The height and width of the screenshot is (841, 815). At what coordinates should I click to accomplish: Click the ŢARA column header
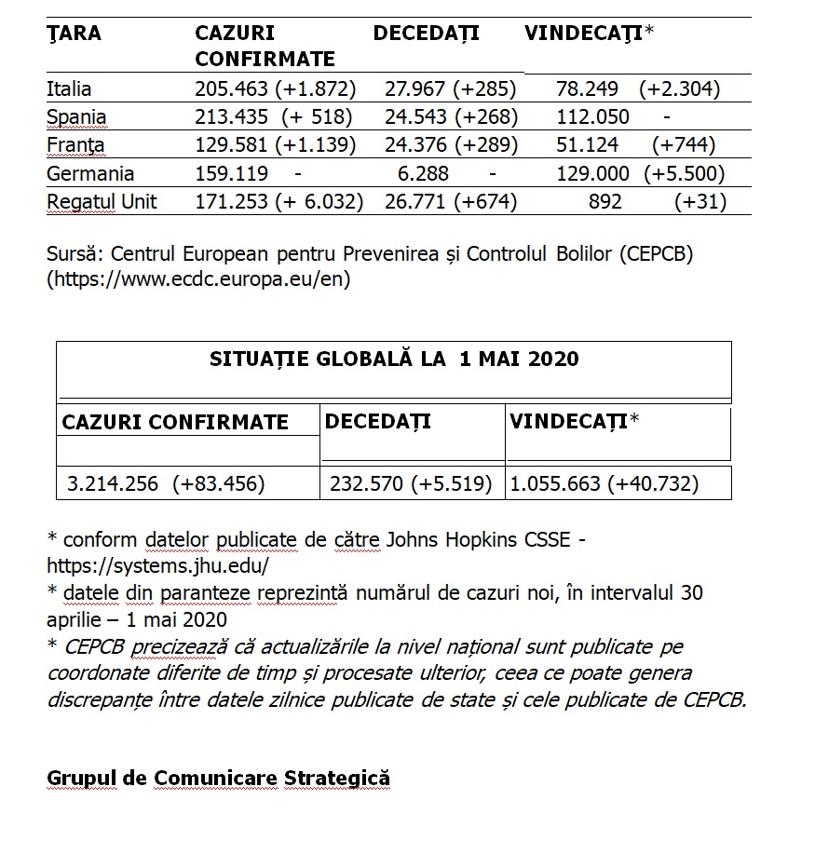[74, 34]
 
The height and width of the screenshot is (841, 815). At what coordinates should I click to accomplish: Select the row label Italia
[69, 89]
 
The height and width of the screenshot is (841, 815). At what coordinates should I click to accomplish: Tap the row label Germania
[90, 174]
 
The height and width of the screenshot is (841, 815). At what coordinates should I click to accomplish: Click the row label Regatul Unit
[102, 202]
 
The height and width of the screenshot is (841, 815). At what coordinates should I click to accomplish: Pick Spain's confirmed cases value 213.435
[229, 117]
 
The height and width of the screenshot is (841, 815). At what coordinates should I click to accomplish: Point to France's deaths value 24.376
[416, 145]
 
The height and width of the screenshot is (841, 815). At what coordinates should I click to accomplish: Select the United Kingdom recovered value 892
[605, 202]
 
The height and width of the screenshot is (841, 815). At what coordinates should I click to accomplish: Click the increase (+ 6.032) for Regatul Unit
[319, 202]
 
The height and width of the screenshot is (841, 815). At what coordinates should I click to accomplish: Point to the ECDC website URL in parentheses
[199, 278]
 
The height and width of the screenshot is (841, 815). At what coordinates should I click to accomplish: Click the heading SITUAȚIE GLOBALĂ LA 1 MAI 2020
[393, 359]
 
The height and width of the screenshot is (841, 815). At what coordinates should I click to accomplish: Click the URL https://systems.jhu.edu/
[157, 564]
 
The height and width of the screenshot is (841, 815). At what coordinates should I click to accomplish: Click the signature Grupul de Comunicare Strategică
[219, 779]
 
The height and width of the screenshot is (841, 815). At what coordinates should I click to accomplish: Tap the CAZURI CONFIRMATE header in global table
[175, 422]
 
